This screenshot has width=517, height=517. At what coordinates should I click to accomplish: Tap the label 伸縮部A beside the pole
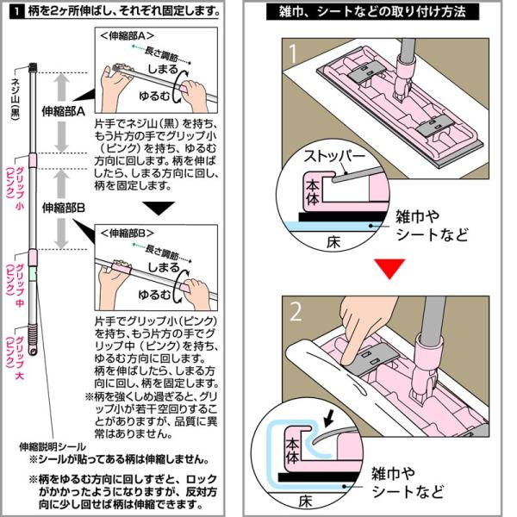63,111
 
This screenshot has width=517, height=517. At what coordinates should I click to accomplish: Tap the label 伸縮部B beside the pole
63,208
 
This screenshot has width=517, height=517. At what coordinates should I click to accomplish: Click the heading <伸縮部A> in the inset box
127,37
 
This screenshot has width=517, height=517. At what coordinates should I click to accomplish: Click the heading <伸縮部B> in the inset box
127,234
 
